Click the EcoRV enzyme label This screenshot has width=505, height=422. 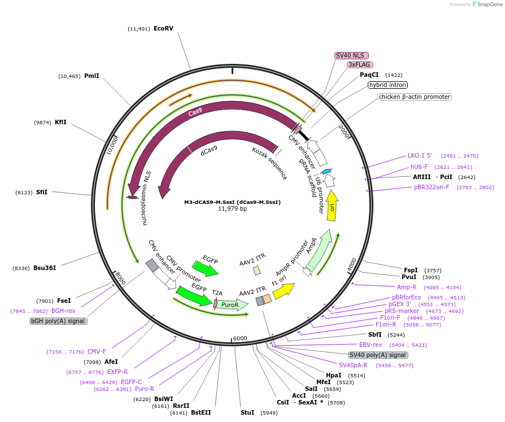coord(163,28)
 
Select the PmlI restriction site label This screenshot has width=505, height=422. coord(92,76)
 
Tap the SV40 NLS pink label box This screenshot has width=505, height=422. coord(351,55)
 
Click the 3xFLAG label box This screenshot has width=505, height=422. coord(359,64)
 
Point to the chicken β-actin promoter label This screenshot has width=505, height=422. coord(415,97)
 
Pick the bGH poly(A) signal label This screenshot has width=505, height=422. coord(59,321)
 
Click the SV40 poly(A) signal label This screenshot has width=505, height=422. coord(377,355)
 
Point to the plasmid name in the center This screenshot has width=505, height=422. coord(232,202)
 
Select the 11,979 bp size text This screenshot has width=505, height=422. coord(232,209)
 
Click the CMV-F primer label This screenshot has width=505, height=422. coord(96,352)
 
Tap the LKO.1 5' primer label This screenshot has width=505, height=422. coord(420,155)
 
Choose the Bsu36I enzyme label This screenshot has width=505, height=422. coord(45,268)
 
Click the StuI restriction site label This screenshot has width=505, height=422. coord(247,413)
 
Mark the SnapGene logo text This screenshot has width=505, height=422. coord(489,5)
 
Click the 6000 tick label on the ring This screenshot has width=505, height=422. coord(240,338)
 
